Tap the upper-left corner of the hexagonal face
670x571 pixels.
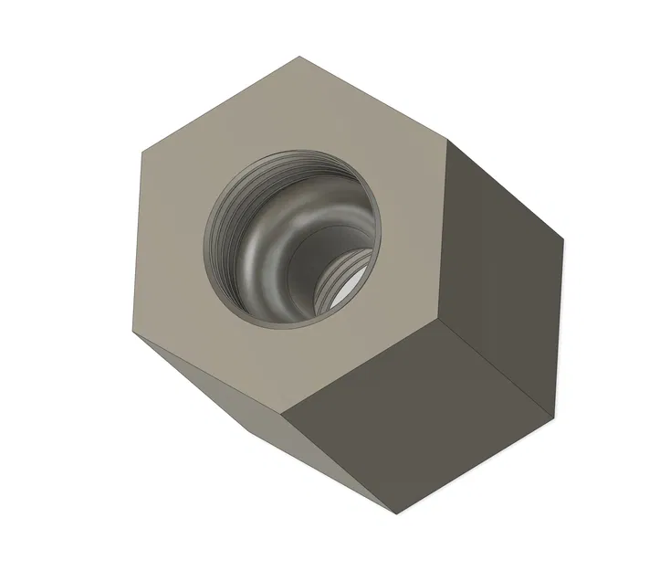point(143,146)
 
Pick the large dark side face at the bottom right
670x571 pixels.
point(420,411)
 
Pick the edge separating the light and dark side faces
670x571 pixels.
point(343,457)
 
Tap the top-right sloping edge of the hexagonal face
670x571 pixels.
point(374,99)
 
